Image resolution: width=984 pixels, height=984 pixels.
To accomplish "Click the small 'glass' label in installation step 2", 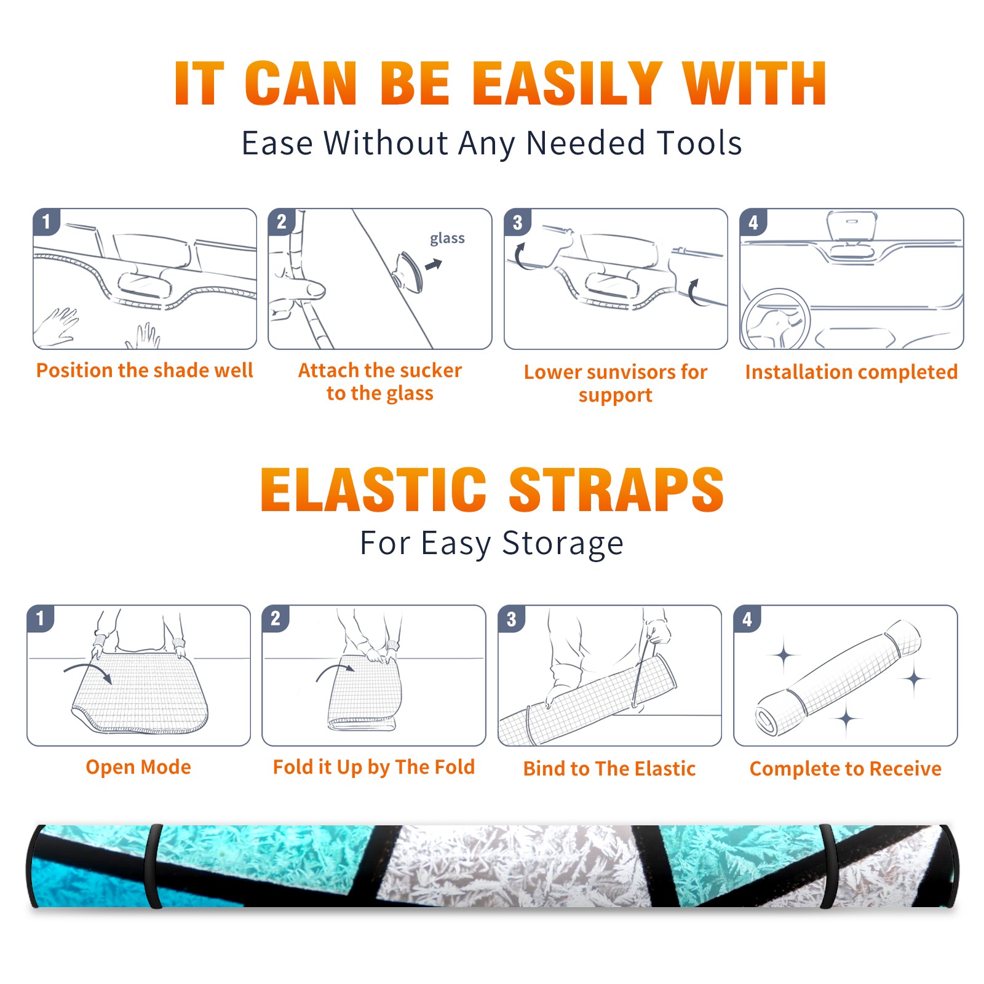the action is click(447, 239).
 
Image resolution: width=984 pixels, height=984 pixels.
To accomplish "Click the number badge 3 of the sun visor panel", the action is click(517, 222).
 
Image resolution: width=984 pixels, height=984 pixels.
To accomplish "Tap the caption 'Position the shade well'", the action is click(145, 370).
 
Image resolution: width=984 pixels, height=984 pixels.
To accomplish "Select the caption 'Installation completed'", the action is click(851, 371).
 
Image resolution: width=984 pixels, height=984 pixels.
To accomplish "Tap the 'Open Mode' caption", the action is click(138, 767).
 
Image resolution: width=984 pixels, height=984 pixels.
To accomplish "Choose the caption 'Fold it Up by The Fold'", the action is click(374, 767).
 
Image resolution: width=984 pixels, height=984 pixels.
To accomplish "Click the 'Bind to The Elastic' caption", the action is click(609, 769).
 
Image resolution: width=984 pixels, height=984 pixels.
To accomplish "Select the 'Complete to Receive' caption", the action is click(846, 769).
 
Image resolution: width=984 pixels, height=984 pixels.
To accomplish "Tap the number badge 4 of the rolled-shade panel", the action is click(747, 619).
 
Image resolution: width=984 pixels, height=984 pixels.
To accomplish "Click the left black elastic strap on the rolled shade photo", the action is click(153, 866).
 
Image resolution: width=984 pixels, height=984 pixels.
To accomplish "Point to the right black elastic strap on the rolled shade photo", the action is click(828, 866).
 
